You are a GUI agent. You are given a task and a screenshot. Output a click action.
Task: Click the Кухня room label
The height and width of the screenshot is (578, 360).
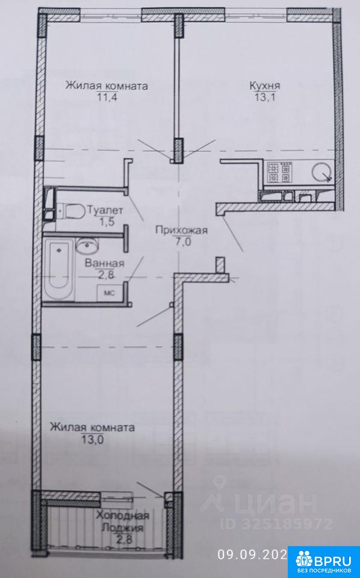[264, 86]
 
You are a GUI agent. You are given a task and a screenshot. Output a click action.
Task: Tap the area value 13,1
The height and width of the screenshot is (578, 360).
[265, 98]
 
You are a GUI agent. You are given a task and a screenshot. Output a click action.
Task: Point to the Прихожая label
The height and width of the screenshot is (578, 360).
[181, 231]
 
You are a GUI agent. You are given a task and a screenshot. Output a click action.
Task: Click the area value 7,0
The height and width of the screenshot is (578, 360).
[181, 242]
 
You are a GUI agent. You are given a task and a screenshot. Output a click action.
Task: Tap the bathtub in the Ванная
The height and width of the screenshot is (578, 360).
[60, 269]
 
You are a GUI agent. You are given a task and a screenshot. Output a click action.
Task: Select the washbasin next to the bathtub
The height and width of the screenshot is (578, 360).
[87, 245]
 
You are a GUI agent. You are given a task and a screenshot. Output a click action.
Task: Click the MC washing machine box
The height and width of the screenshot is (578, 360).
[110, 293]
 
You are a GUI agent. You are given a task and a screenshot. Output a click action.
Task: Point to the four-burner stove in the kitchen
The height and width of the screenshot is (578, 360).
[279, 173]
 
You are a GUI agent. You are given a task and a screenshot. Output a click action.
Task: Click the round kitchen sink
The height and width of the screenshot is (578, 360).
[322, 172]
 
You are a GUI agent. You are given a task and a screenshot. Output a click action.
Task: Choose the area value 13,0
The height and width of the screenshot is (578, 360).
[92, 440]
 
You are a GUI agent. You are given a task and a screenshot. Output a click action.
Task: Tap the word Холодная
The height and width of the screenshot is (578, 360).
[123, 515]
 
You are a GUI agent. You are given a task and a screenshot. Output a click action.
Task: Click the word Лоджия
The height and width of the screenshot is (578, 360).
[122, 527]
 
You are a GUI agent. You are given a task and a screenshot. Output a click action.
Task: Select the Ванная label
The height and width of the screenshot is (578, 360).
[105, 264]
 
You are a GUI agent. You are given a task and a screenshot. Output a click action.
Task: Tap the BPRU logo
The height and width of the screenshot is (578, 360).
[323, 561]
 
